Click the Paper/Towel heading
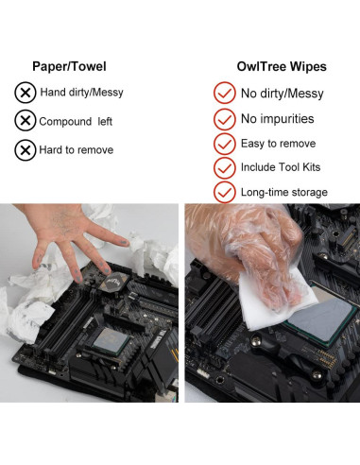(x=69, y=66)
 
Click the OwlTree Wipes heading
(x=282, y=66)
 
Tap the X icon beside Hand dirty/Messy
(x=26, y=93)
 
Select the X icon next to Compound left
(x=26, y=120)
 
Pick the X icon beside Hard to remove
(x=26, y=150)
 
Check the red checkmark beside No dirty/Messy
(x=225, y=93)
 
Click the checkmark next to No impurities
(x=225, y=119)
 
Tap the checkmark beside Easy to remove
(x=225, y=144)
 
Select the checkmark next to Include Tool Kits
(x=225, y=167)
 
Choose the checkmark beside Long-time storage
(x=225, y=192)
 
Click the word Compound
(x=65, y=122)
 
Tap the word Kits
(x=311, y=167)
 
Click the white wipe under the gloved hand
(x=274, y=302)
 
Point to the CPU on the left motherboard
(x=111, y=341)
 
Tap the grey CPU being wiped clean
(x=321, y=319)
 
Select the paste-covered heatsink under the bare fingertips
(x=112, y=281)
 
